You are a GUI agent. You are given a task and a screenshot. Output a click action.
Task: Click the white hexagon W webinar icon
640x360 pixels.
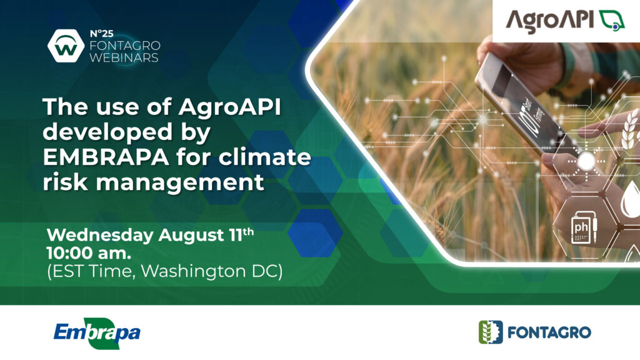coord(66,46)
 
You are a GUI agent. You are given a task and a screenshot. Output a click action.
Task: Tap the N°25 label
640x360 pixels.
coord(101,34)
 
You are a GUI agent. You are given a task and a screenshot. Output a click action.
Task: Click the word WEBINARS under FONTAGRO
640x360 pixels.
coord(124,57)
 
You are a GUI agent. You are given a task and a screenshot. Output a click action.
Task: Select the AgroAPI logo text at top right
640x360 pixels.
coord(550,21)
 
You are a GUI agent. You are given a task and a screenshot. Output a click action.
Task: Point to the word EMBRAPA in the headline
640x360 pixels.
coord(106,157)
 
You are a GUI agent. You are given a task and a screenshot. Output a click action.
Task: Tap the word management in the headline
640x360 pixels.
coord(180,182)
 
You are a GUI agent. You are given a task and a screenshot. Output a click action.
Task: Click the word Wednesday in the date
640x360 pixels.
coord(100,236)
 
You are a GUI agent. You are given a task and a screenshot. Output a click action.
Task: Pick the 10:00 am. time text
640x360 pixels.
coord(89,254)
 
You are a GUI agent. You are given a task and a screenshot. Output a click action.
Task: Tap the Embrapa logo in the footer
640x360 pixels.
coord(97,332)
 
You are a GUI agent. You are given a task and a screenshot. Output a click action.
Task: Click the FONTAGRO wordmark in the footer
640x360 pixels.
coord(549,332)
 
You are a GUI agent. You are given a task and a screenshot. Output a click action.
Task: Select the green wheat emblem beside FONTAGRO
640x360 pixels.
coord(491,332)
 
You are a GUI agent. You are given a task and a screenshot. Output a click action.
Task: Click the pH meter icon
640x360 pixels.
coord(582,228)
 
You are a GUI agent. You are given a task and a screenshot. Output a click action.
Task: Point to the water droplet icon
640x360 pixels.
coord(630,199)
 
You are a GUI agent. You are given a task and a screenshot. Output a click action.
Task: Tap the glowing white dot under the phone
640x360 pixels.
coord(586,161)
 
